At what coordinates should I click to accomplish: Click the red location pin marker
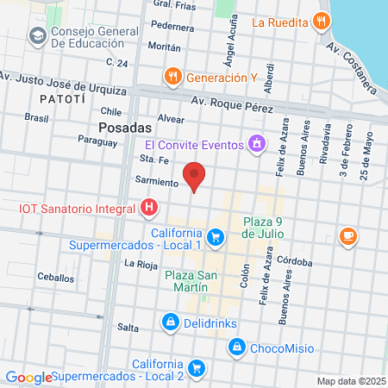tap(196, 176)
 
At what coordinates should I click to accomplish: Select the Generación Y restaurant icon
tap(173, 76)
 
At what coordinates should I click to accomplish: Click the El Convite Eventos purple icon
tap(255, 144)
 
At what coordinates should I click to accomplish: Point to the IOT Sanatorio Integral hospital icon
tap(149, 208)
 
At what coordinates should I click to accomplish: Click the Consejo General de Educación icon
tap(37, 36)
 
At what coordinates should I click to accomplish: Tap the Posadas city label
tap(119, 126)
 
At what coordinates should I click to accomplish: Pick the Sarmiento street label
tap(155, 182)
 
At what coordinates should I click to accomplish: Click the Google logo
tap(28, 377)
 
